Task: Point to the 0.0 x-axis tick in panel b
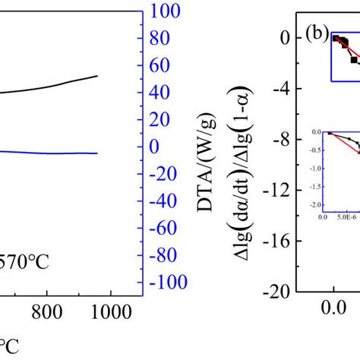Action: click(333, 311)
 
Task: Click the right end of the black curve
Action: click(118, 76)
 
